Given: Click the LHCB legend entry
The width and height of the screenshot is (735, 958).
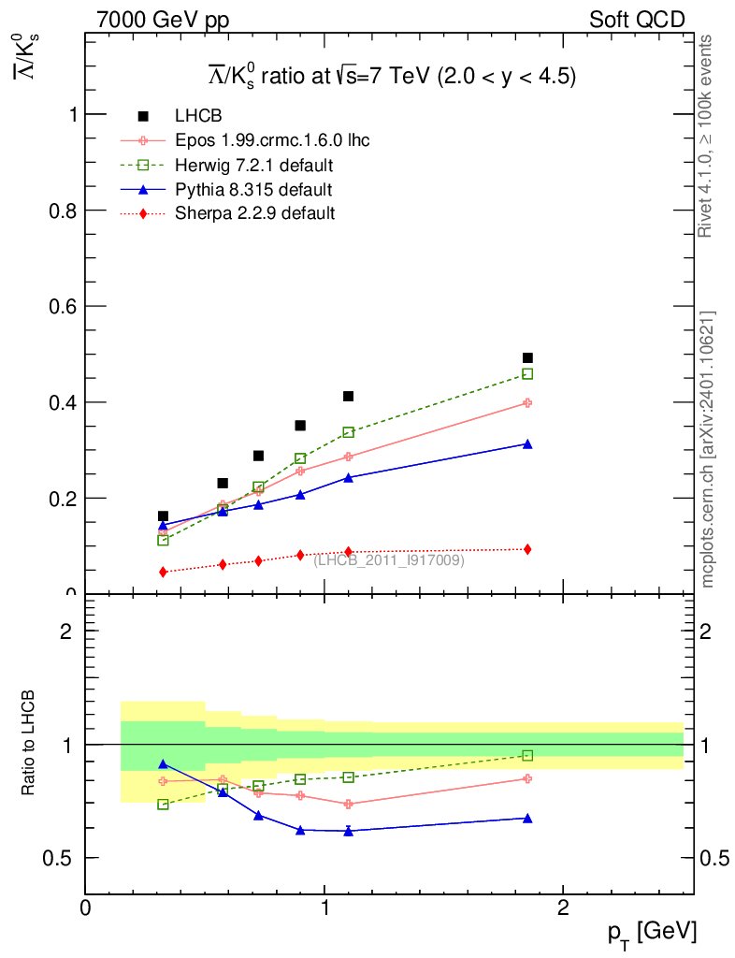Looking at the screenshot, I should (197, 116).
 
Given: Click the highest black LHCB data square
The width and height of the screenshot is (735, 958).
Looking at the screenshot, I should (527, 357).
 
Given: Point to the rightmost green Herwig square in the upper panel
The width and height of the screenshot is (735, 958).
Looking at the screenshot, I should (527, 374).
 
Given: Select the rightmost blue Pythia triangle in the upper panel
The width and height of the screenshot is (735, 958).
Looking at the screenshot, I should (527, 444).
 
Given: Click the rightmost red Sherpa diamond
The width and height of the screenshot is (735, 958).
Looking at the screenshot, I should (527, 549).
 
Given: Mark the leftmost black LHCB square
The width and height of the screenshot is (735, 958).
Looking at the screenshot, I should (163, 516).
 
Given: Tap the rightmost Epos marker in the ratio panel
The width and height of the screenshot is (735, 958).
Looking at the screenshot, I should (527, 778).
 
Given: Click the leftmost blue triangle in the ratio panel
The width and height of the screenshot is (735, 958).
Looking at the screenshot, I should (163, 764).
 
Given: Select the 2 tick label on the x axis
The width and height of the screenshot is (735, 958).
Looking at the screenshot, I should (563, 908).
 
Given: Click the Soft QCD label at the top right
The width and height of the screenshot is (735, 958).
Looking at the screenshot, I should (637, 20).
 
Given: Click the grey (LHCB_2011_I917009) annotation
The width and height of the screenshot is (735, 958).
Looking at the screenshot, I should (389, 560).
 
